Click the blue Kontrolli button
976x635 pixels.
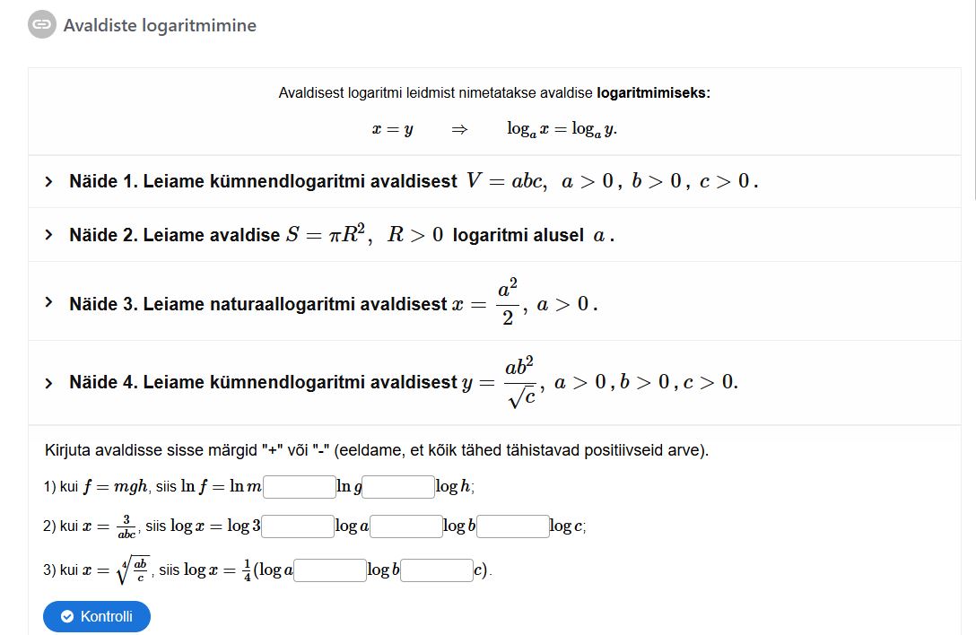[x=97, y=616]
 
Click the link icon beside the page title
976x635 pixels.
[x=40, y=25]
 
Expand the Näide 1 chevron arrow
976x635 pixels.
[x=49, y=182]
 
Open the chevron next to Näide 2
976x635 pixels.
[x=49, y=235]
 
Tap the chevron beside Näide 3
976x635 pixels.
[x=49, y=302]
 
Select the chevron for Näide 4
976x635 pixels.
[x=49, y=383]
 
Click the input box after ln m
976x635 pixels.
[x=300, y=487]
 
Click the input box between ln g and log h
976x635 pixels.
[x=398, y=487]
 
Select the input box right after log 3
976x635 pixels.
[x=298, y=526]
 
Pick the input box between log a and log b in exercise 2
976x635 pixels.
[x=405, y=526]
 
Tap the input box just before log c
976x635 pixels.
[x=513, y=526]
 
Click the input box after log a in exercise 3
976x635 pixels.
[x=330, y=570]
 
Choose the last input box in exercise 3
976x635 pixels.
[x=437, y=570]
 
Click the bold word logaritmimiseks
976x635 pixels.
[x=652, y=93]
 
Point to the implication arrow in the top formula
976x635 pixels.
[x=459, y=129]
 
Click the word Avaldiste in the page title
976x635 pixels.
[x=100, y=25]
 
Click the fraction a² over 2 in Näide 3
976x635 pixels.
[x=508, y=303]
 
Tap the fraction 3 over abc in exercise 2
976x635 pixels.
[x=126, y=526]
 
